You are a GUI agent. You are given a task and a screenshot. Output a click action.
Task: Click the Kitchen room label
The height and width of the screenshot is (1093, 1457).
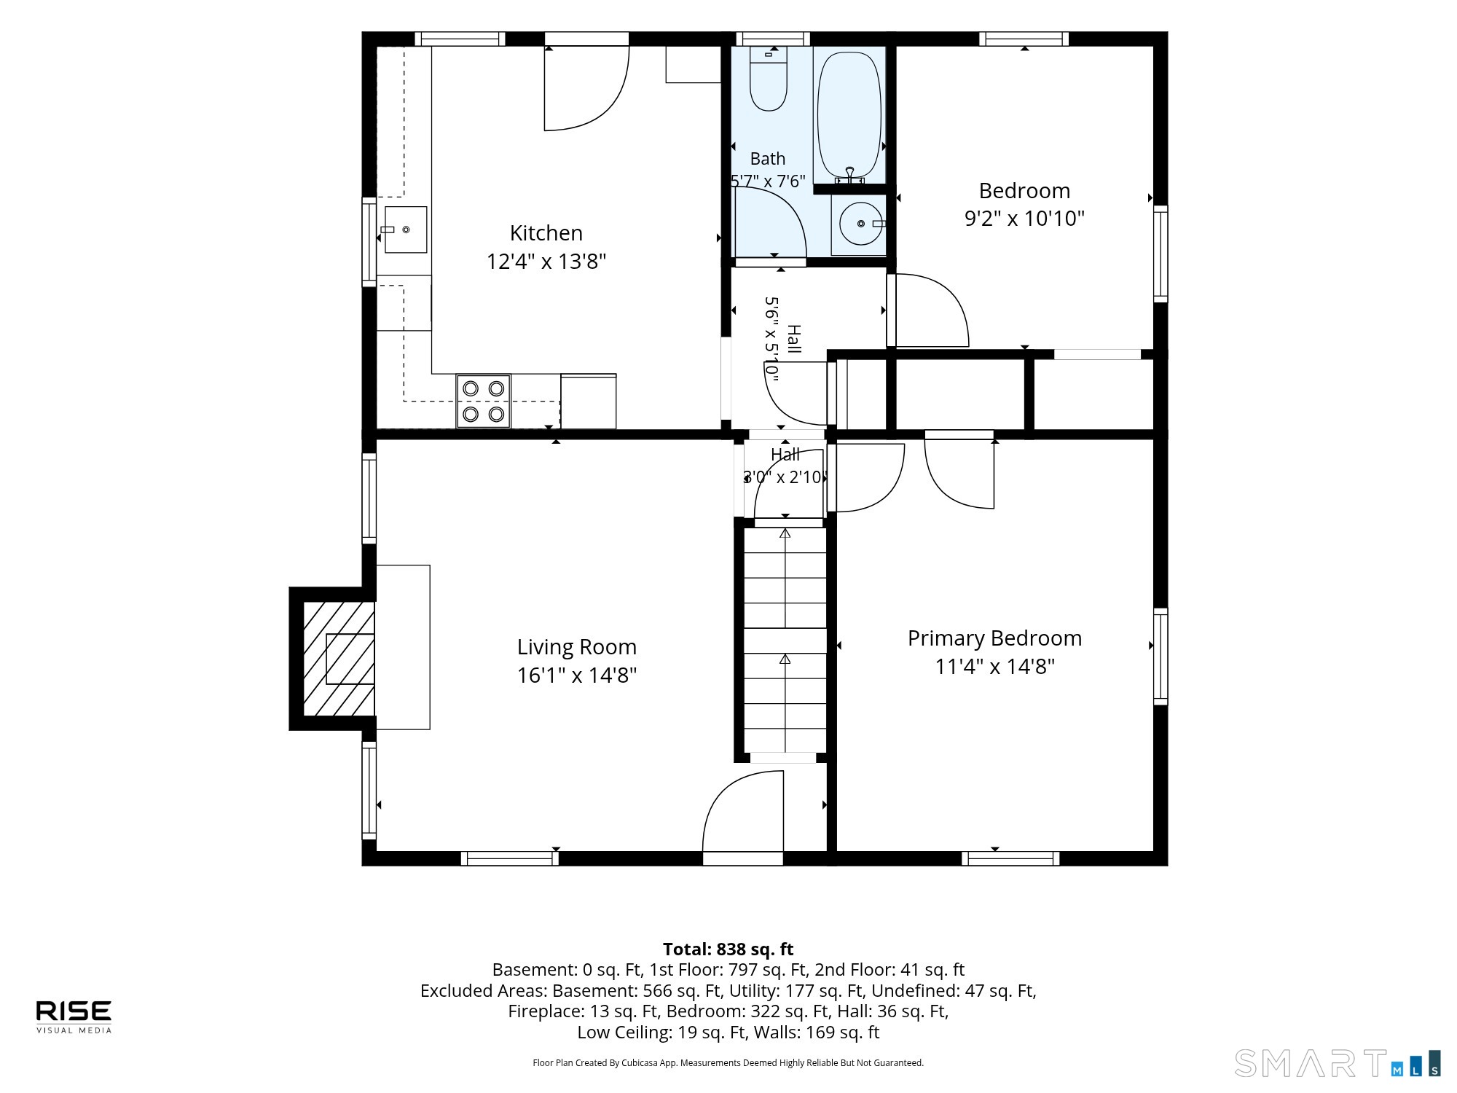coord(546,233)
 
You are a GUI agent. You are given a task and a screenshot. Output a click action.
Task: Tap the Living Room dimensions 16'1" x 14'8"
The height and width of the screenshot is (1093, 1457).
coord(577,675)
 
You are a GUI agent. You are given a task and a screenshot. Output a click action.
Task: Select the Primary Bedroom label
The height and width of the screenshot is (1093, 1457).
coord(994,639)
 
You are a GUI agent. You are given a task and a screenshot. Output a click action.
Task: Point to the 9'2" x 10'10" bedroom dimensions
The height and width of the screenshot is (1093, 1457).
coord(1024,219)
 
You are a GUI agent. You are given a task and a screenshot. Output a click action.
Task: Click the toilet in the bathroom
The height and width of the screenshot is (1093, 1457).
coord(769,78)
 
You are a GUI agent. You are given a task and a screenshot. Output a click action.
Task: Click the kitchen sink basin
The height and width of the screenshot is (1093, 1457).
coord(406,230)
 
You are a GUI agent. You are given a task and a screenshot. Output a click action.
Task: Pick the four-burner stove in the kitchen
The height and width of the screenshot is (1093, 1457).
coord(484,401)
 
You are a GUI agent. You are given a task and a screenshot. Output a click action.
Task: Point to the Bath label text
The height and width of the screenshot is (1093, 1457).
coord(768,159)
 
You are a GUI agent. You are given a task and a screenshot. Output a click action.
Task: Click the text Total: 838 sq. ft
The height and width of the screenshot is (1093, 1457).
coord(728,949)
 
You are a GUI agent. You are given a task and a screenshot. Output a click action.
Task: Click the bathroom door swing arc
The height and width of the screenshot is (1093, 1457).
coord(787,208)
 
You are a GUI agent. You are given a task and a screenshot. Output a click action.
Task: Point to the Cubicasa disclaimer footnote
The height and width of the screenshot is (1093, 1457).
coord(728,1063)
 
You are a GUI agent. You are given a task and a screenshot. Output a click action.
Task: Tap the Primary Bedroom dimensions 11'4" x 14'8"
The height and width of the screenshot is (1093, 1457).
coord(995,667)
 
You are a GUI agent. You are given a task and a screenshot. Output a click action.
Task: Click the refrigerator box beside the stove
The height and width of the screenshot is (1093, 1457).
coord(589,401)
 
